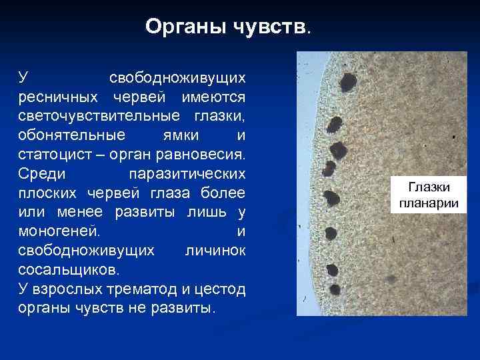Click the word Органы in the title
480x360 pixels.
185,27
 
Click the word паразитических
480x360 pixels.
186,175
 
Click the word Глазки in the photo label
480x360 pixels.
429,189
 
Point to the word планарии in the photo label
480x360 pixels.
429,203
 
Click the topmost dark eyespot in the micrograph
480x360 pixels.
348,82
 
